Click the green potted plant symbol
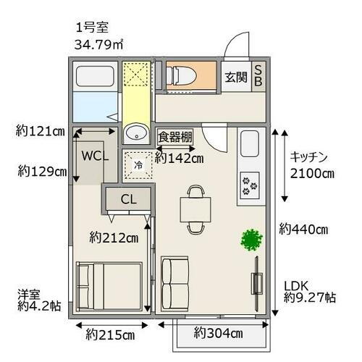(x=251, y=240)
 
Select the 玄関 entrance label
(x=235, y=77)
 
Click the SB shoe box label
(x=259, y=77)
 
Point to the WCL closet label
(x=95, y=156)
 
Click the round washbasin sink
(x=135, y=134)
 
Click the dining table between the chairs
(x=195, y=210)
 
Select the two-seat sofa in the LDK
(x=174, y=282)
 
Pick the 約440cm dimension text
(x=303, y=230)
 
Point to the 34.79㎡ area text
(x=98, y=45)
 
